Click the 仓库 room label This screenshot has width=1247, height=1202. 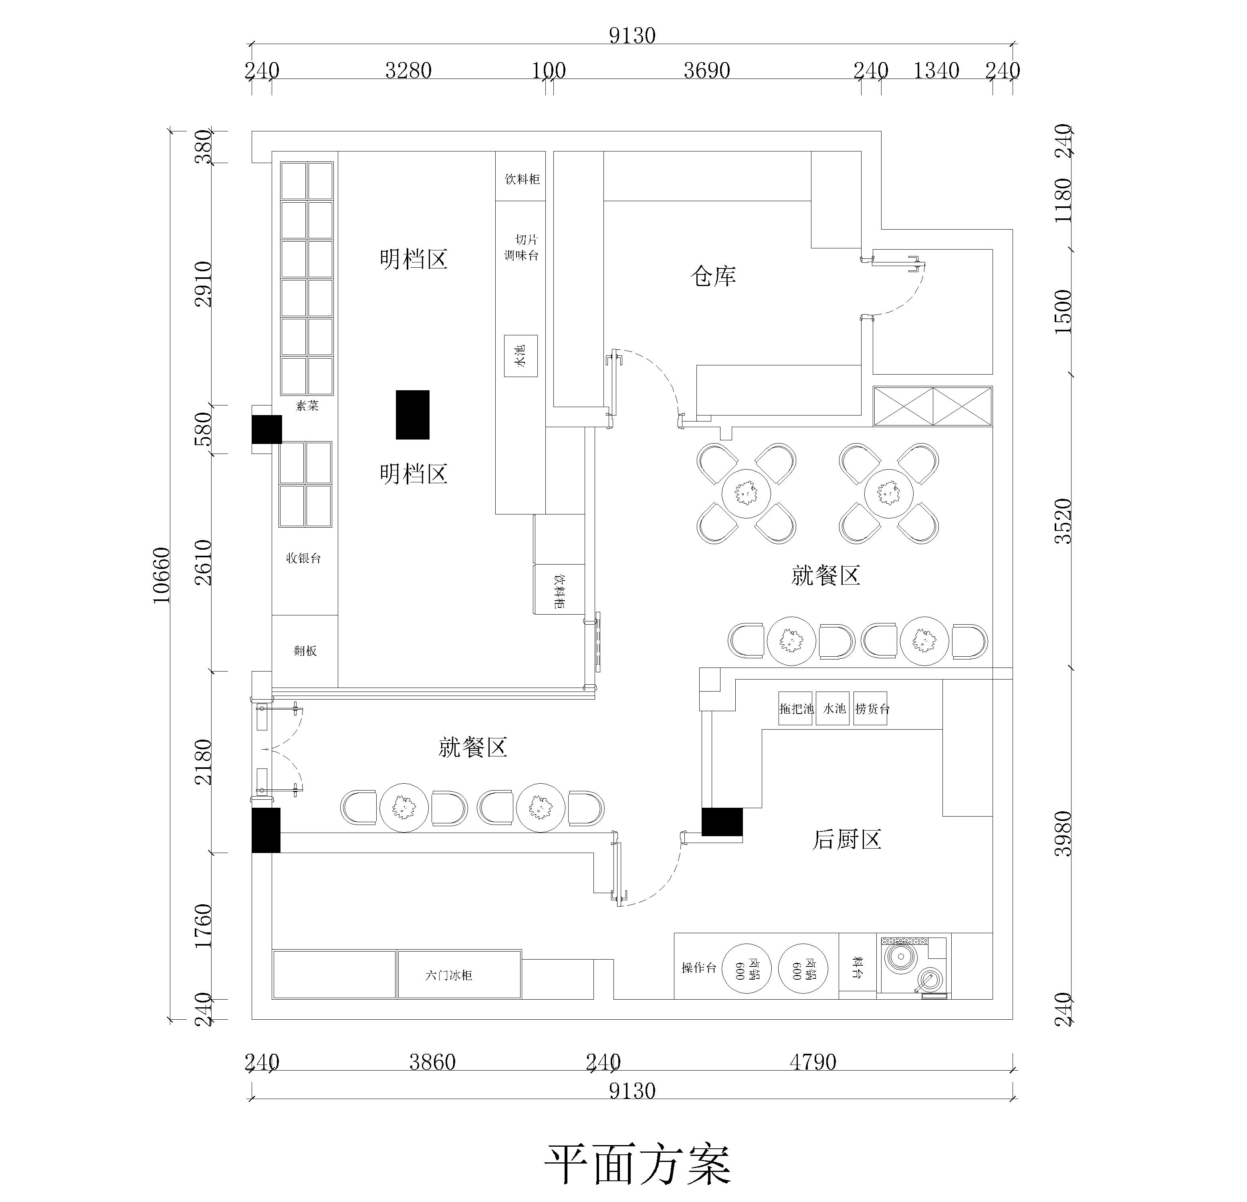tap(713, 276)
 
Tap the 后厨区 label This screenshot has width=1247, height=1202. tap(846, 840)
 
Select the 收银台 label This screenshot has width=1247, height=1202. tap(303, 558)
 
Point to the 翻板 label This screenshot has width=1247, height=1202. tap(305, 650)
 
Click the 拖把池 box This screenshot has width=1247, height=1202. tap(796, 708)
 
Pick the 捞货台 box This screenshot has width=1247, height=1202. tap(872, 708)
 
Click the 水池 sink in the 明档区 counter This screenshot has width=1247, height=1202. tap(521, 356)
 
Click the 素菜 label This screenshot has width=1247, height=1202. tap(307, 405)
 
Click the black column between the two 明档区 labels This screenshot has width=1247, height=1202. tap(412, 414)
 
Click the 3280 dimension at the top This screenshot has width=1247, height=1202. tap(408, 70)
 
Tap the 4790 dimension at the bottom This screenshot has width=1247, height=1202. tap(813, 1062)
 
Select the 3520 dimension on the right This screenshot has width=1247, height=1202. tap(1063, 521)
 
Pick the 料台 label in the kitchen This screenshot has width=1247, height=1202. tap(857, 967)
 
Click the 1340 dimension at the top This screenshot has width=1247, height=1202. tap(936, 70)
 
